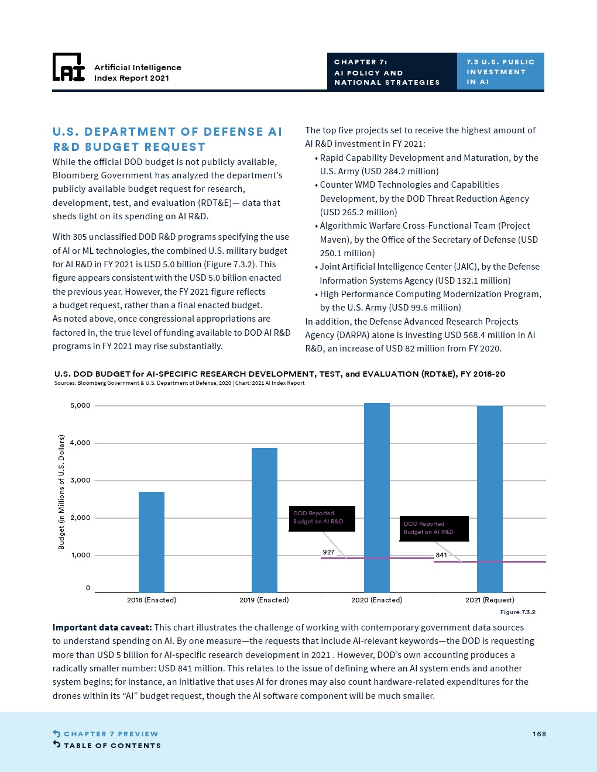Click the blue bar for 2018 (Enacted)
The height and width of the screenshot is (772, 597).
click(x=152, y=542)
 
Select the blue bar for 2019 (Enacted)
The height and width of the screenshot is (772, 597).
click(x=265, y=520)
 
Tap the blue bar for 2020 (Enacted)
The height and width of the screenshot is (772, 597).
click(x=377, y=497)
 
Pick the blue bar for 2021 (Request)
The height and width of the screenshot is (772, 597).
click(x=490, y=499)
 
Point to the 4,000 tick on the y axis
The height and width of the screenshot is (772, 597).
click(x=80, y=443)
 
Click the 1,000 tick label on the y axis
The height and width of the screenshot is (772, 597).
click(x=80, y=555)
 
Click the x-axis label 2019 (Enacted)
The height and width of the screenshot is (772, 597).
click(x=264, y=600)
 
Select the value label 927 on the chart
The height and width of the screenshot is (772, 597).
click(x=328, y=552)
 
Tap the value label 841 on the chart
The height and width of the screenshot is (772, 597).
click(x=441, y=555)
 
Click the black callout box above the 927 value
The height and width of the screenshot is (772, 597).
click(x=322, y=518)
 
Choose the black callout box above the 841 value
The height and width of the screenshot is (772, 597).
click(x=434, y=528)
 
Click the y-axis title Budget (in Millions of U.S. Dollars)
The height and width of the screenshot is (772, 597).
click(x=61, y=492)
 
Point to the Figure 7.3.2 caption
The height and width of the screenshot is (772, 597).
click(x=517, y=612)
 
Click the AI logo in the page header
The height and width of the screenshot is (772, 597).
click(x=69, y=68)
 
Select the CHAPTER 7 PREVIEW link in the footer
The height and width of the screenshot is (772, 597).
click(x=111, y=734)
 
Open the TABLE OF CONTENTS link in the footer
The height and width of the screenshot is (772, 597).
click(x=112, y=746)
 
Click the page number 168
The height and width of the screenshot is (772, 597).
click(x=539, y=734)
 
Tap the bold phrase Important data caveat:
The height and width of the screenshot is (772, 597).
click(x=102, y=628)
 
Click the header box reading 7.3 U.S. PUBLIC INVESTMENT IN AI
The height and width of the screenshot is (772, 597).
click(x=500, y=71)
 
